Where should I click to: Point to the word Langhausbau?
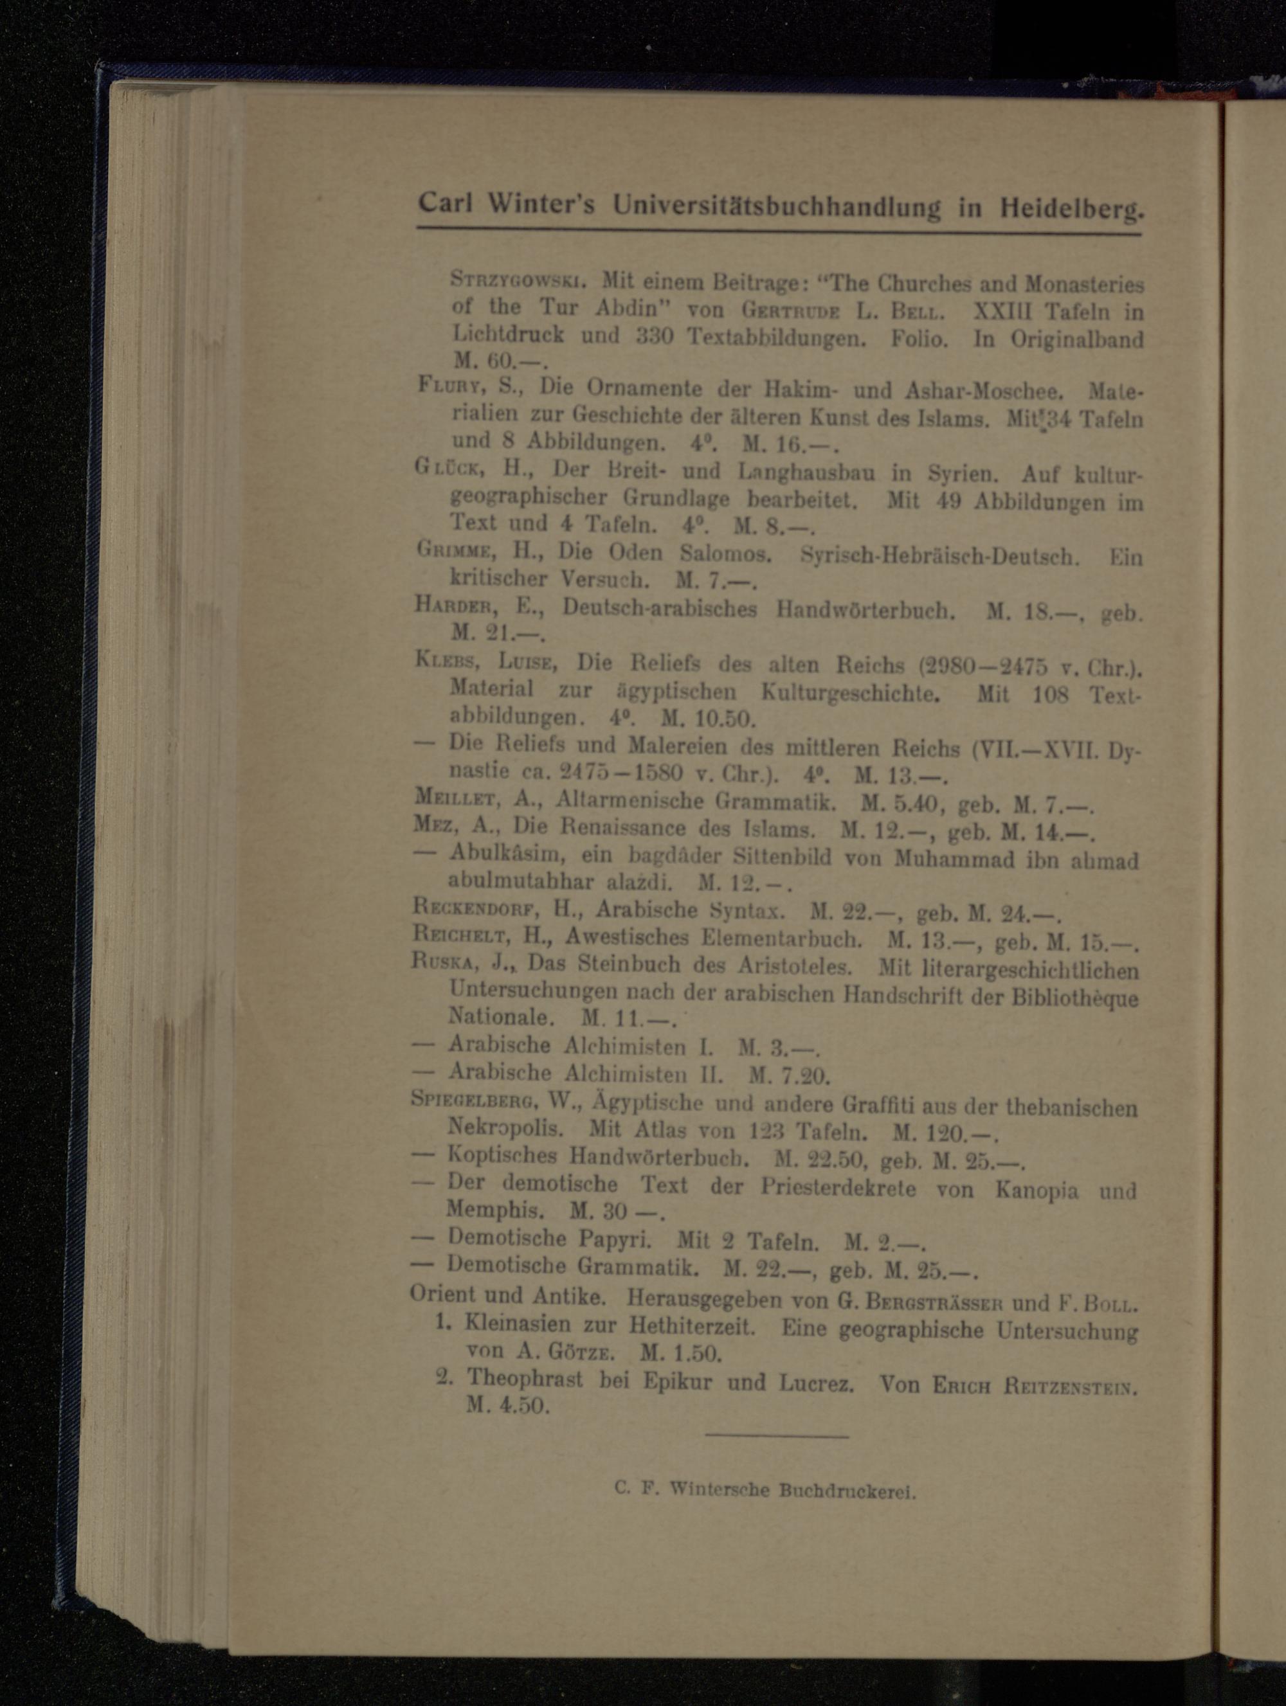[806, 472]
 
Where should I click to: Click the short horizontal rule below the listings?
[776, 1435]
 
